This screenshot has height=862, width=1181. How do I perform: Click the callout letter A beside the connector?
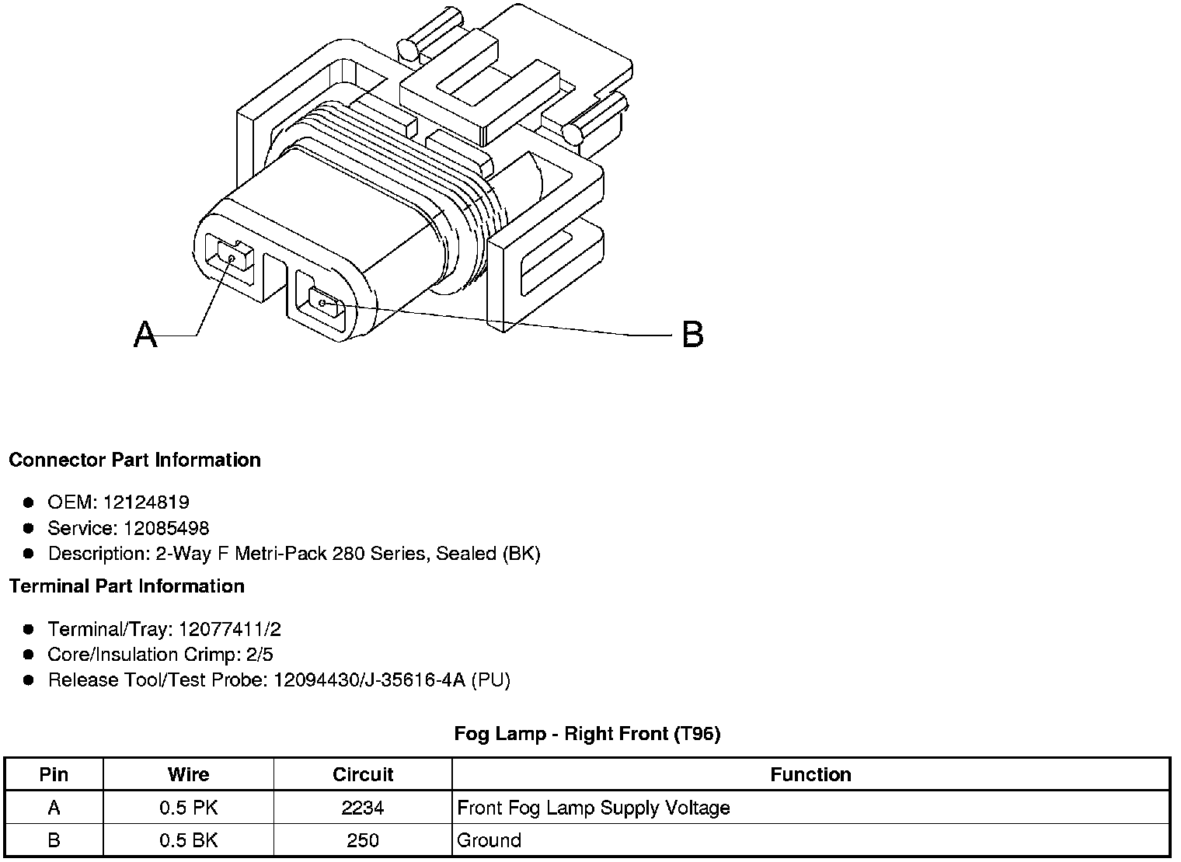[145, 335]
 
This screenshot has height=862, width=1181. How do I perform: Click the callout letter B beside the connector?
[692, 335]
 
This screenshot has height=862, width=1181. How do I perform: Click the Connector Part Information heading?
[134, 460]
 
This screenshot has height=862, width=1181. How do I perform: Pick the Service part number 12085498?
[166, 529]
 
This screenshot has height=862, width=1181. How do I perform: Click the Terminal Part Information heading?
[127, 586]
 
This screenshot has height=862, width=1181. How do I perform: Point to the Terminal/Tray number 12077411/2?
[229, 629]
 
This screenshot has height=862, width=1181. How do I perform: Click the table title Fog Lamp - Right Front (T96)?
[587, 734]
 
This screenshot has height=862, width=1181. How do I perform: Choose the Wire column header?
[188, 774]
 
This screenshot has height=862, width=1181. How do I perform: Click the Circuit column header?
[363, 774]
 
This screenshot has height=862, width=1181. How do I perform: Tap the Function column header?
[810, 774]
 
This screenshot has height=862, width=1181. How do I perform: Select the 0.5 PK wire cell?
[188, 808]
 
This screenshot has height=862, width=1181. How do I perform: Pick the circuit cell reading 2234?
[363, 808]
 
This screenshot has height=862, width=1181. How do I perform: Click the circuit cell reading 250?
[363, 840]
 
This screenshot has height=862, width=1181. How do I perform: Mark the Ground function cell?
[489, 840]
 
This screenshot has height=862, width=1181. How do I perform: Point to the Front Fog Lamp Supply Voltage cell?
[594, 808]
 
